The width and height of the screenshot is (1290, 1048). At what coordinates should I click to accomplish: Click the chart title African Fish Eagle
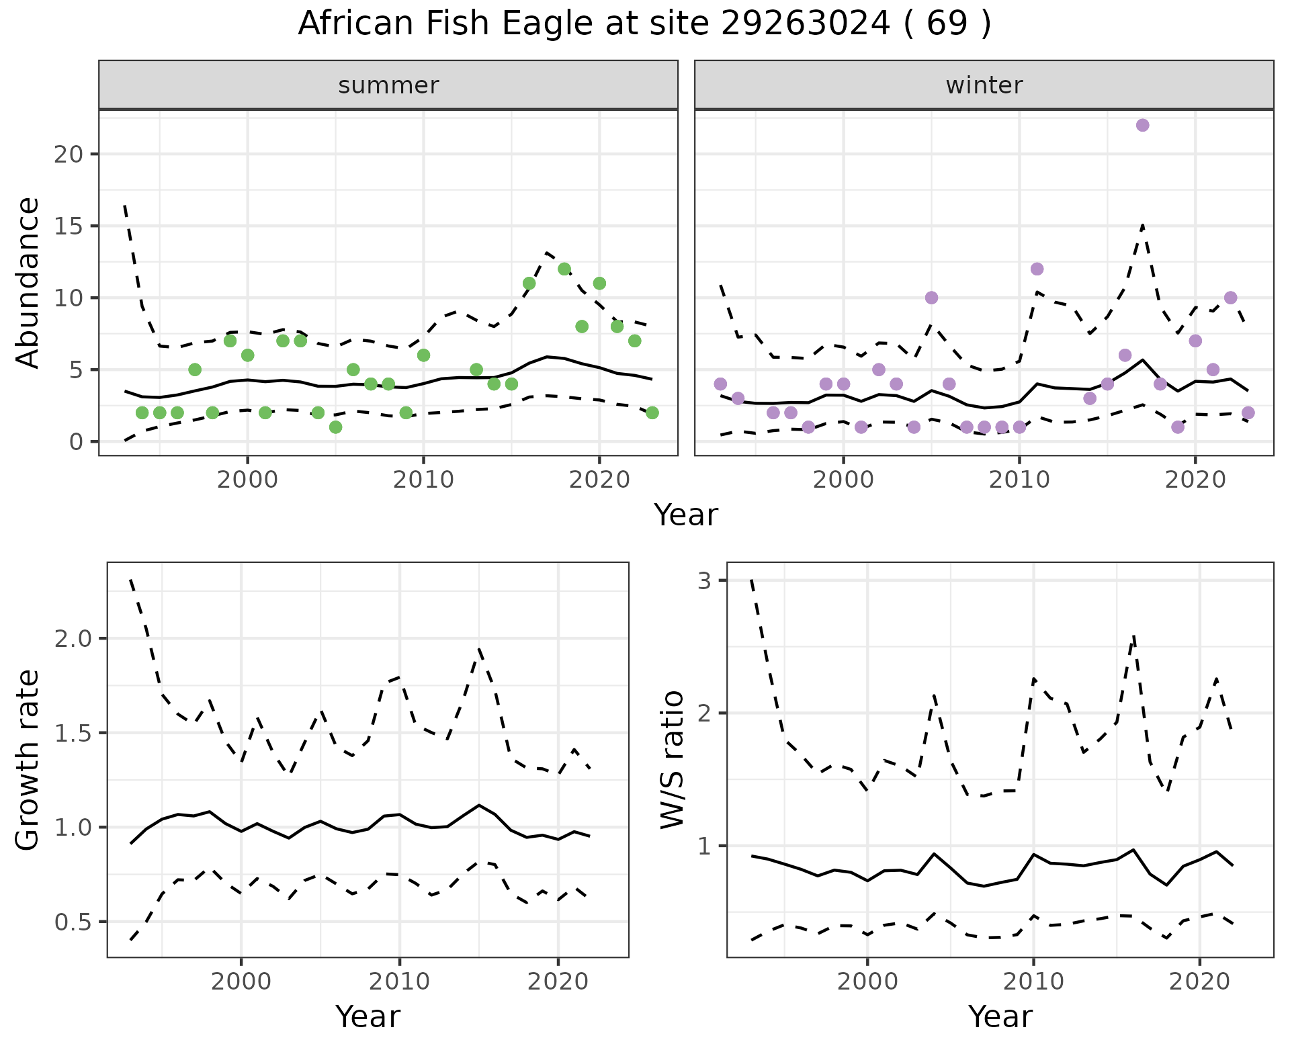click(x=644, y=24)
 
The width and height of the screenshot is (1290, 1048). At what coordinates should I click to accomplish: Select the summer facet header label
click(x=388, y=85)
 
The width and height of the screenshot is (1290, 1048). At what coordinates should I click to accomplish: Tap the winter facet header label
click(x=984, y=85)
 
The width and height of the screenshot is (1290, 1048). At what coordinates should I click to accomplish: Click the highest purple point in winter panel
click(x=1142, y=126)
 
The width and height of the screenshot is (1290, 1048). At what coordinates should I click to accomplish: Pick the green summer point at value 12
click(x=564, y=269)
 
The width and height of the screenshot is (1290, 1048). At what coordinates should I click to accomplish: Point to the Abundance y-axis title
click(x=28, y=282)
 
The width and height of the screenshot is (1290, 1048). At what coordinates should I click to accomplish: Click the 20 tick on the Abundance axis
click(x=67, y=155)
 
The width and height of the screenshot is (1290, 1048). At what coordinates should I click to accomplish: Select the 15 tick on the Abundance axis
click(x=67, y=226)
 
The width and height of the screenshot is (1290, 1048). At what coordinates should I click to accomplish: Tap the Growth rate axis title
click(x=28, y=760)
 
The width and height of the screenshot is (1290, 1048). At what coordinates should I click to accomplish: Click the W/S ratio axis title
click(x=672, y=760)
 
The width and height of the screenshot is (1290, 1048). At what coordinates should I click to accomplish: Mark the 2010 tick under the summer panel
click(x=423, y=480)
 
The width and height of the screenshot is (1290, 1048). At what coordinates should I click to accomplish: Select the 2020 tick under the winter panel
click(x=1195, y=480)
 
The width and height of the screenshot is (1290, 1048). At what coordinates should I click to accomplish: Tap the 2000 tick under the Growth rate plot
click(x=241, y=981)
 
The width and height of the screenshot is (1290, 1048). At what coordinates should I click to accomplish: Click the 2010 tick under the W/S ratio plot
click(x=1033, y=981)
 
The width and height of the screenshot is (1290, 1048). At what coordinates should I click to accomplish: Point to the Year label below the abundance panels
click(x=686, y=515)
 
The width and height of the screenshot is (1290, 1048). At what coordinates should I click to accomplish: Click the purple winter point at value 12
click(x=1037, y=269)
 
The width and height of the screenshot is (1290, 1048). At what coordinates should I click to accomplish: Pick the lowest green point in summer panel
click(x=336, y=427)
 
